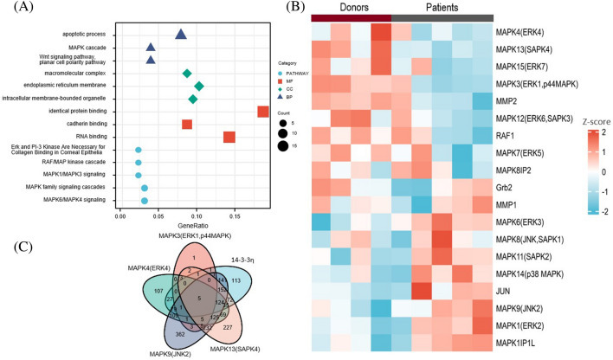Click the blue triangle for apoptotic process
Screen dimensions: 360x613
click(x=181, y=35)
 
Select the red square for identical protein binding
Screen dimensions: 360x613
click(x=263, y=112)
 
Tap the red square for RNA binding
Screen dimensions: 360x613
click(x=229, y=137)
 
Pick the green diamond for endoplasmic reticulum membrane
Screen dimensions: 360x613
click(x=199, y=86)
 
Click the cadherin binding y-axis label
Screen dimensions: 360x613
click(x=88, y=125)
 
